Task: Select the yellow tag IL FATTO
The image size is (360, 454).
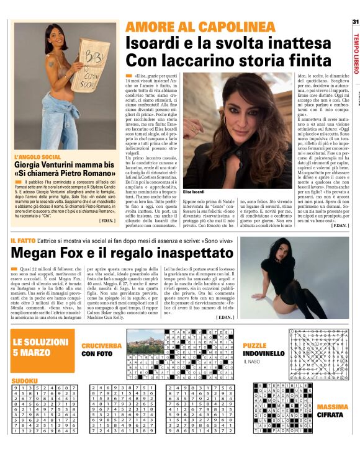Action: pyautogui.click(x=25, y=239)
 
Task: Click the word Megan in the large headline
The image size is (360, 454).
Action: pyautogui.click(x=44, y=255)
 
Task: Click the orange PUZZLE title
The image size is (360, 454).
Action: pyautogui.click(x=254, y=345)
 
